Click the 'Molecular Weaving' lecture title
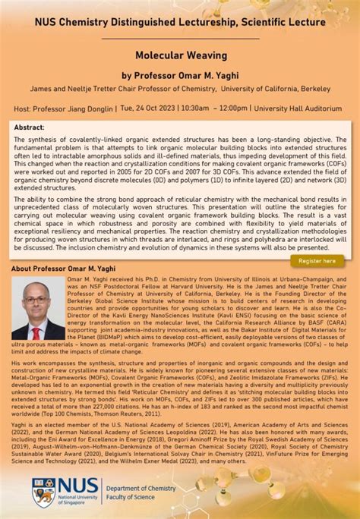[x=179, y=56]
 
